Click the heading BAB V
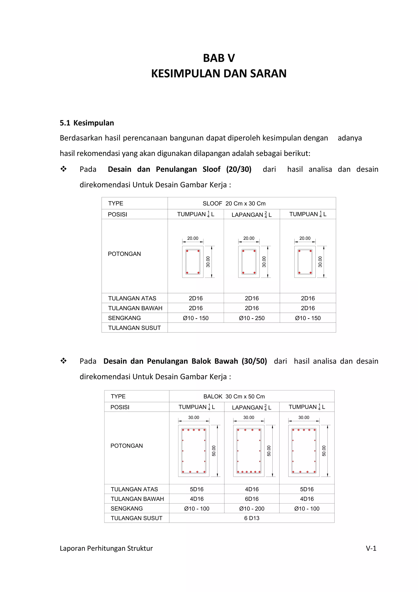[219, 58]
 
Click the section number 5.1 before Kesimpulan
[65, 123]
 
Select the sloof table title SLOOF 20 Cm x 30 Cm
[234, 203]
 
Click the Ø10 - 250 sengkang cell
[251, 318]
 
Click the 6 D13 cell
[251, 518]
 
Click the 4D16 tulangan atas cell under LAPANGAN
[251, 489]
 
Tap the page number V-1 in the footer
[371, 548]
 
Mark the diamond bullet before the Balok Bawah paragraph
[63, 361]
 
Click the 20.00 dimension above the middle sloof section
[249, 238]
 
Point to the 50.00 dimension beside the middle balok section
[269, 451]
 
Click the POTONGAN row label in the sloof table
[124, 254]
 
